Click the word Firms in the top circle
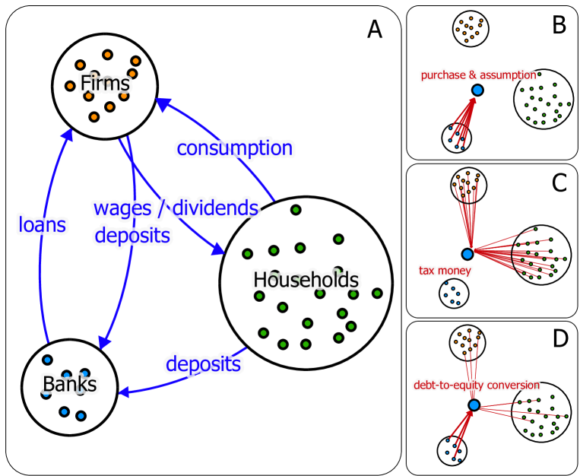pos(105,83)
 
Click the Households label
pos(306,281)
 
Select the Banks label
pos(70,384)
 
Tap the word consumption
pos(235,148)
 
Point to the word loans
pos(42,225)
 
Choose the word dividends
pos(215,208)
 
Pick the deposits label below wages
pos(132,236)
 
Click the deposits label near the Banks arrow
pos(204,364)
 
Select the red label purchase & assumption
pos(479,75)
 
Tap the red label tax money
pos(445,271)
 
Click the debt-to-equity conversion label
pos(477,385)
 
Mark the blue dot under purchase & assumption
pos(477,90)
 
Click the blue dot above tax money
pos(467,254)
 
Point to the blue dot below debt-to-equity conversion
pos(474,405)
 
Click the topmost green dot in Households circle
pos(296,210)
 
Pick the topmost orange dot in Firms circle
pos(107,55)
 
